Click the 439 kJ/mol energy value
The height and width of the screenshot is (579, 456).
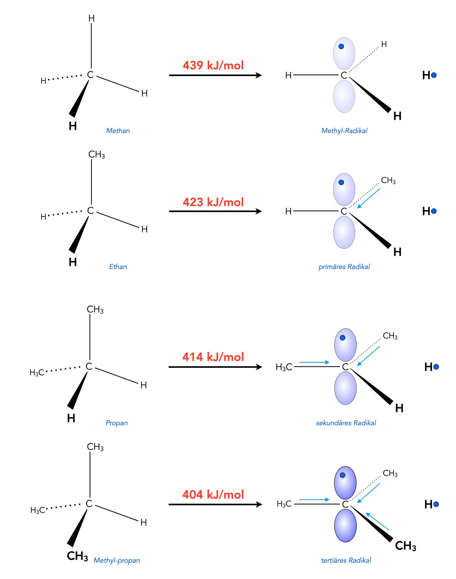pyautogui.click(x=213, y=65)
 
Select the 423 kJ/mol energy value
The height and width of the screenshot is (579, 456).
pyautogui.click(x=213, y=202)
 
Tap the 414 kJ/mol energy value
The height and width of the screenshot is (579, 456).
pyautogui.click(x=213, y=357)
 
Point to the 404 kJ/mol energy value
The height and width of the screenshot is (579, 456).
pyautogui.click(x=213, y=494)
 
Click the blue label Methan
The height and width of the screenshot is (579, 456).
pyautogui.click(x=118, y=131)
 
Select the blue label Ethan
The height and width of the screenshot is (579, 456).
pyautogui.click(x=118, y=267)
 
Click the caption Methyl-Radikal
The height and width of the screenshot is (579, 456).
pyautogui.click(x=344, y=131)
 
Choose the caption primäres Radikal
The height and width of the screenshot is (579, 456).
pyautogui.click(x=344, y=267)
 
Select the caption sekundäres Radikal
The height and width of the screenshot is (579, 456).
pyautogui.click(x=346, y=423)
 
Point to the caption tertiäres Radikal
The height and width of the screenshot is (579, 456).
pyautogui.click(x=346, y=560)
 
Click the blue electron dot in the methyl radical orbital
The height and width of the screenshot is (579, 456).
pyautogui.click(x=341, y=46)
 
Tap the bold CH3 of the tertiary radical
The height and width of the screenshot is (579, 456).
pyautogui.click(x=406, y=546)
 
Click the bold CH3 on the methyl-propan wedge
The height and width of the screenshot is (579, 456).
pyautogui.click(x=77, y=556)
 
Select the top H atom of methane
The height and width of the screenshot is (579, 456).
pyautogui.click(x=92, y=18)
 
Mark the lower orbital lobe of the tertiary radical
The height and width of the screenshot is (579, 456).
pyautogui.click(x=345, y=526)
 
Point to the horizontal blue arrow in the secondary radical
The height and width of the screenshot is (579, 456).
pyautogui.click(x=314, y=362)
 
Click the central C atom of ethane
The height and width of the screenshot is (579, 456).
pyautogui.click(x=91, y=211)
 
